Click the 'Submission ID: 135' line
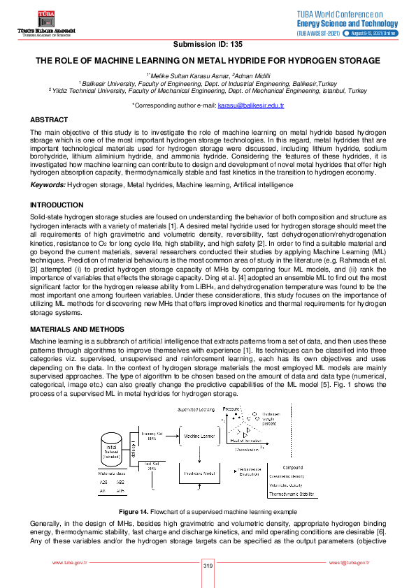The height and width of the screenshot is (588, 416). pyautogui.click(x=208, y=44)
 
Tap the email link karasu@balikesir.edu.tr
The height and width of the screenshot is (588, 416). pyautogui.click(x=250, y=105)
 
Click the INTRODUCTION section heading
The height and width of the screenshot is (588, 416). pyautogui.click(x=56, y=205)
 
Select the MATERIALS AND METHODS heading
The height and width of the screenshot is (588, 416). pyautogui.click(x=77, y=328)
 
